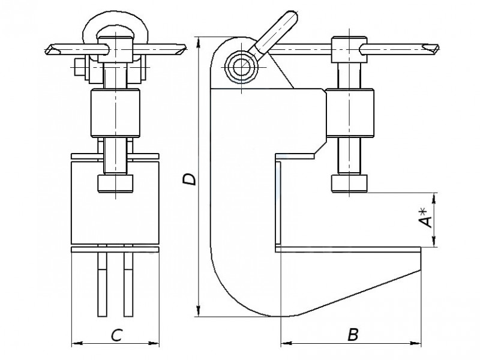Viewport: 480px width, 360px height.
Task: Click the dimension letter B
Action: coord(353,335)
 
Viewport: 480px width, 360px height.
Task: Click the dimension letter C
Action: coord(116,335)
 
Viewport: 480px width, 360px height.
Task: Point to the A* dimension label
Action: coord(426,218)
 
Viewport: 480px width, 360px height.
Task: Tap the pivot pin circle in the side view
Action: coord(241,66)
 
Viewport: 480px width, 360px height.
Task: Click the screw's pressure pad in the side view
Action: coord(349,183)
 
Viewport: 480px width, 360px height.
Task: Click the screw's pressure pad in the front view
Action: coord(115,184)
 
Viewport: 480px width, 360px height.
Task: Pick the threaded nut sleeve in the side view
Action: coord(350,112)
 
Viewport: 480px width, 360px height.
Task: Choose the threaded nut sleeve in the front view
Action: coord(115,113)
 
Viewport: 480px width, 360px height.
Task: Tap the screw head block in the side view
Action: coord(349,49)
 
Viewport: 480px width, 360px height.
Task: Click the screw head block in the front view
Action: coord(115,49)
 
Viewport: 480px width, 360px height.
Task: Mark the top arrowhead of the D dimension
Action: coord(199,43)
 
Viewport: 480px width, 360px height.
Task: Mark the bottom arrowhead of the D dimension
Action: coord(199,311)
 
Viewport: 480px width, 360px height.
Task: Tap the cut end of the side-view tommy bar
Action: coord(431,49)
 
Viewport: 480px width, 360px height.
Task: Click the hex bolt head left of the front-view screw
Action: coord(79,67)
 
